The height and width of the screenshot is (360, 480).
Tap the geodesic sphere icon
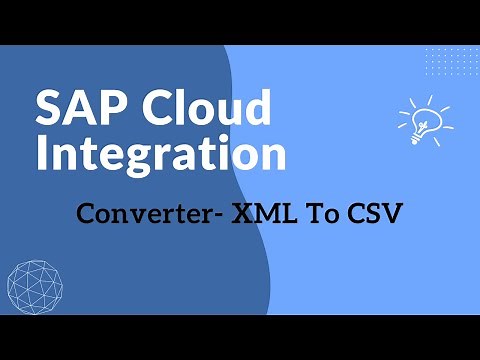[33, 287]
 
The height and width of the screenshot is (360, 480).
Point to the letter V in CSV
[394, 214]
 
